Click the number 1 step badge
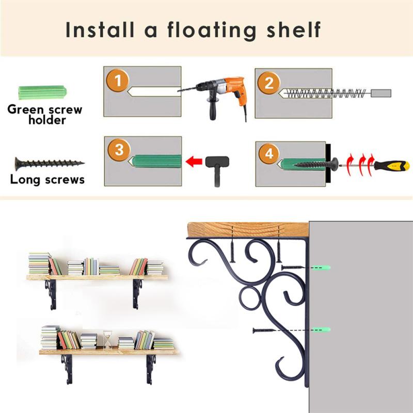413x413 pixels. pyautogui.click(x=118, y=81)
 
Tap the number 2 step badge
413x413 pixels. pyautogui.click(x=268, y=83)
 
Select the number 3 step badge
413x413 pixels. pyautogui.click(x=119, y=150)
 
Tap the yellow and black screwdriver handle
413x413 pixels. pyautogui.click(x=392, y=166)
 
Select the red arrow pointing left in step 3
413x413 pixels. pyautogui.click(x=194, y=162)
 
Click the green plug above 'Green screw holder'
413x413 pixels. pyautogui.click(x=42, y=92)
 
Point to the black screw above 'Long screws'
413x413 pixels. pyautogui.click(x=50, y=164)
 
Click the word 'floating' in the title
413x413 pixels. pyautogui.click(x=212, y=30)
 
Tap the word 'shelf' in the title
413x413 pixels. pyautogui.click(x=294, y=29)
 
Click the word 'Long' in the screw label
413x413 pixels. pyautogui.click(x=25, y=180)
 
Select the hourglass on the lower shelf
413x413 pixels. pyautogui.click(x=107, y=340)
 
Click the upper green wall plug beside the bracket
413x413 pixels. pyautogui.click(x=321, y=267)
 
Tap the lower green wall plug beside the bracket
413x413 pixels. pyautogui.click(x=321, y=329)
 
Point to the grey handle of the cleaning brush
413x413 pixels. pyautogui.click(x=381, y=93)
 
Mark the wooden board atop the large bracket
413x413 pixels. pyautogui.click(x=248, y=230)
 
